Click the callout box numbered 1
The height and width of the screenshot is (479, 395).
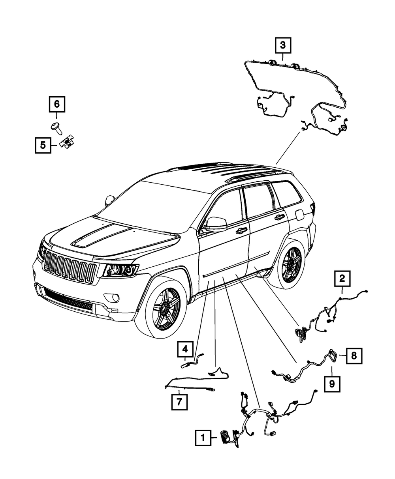(x=203, y=437)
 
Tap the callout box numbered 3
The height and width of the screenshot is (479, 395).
(x=283, y=45)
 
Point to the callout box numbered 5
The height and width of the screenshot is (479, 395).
(x=42, y=145)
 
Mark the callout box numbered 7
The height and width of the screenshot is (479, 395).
(x=179, y=402)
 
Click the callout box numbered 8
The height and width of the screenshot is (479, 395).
(x=354, y=356)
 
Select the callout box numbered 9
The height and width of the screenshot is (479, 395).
(x=332, y=383)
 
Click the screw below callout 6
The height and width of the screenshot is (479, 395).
(x=55, y=127)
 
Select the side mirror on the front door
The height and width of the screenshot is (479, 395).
(x=216, y=224)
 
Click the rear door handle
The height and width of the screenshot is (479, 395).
(x=279, y=217)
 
